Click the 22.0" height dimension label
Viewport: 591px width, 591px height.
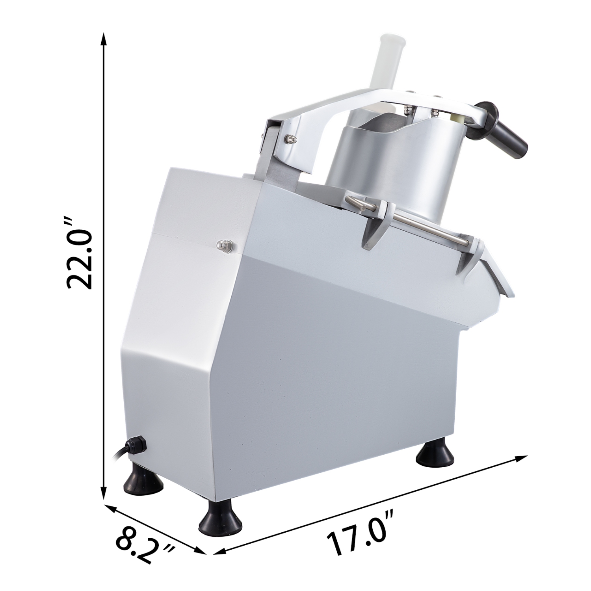click(x=80, y=254)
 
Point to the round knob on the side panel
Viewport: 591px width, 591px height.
click(x=225, y=245)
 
